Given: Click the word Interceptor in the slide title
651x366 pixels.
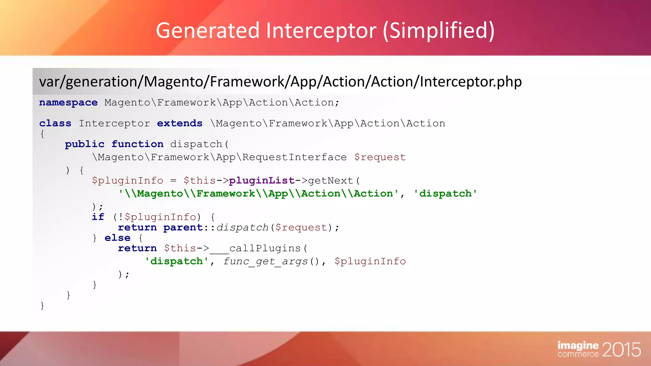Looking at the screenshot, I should (321, 31).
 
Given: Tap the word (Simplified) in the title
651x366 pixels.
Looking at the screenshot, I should (438, 31).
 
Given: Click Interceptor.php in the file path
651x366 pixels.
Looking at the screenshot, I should (470, 82).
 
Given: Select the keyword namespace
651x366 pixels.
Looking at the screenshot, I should (68, 103).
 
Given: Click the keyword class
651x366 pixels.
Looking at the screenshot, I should (55, 123).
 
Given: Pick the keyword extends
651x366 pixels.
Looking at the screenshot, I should (180, 123).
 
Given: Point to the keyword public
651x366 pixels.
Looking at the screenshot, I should (85, 144).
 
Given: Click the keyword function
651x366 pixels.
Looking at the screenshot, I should (137, 144).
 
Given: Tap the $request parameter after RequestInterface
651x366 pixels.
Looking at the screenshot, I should (380, 157).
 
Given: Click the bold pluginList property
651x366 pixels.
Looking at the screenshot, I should (262, 180).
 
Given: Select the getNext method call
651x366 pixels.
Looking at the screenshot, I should (331, 180).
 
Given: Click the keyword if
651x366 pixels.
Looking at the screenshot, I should (98, 217).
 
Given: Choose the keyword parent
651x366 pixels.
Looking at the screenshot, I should (183, 227).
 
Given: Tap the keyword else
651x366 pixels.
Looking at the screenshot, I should (117, 238).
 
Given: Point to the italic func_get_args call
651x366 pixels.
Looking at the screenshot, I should (265, 261).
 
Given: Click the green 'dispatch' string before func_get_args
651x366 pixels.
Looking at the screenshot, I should (177, 261).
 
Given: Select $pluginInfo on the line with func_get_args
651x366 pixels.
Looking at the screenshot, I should (370, 261).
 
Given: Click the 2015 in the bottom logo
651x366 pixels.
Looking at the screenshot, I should (621, 350).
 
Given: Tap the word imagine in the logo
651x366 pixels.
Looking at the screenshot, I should (578, 345).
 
